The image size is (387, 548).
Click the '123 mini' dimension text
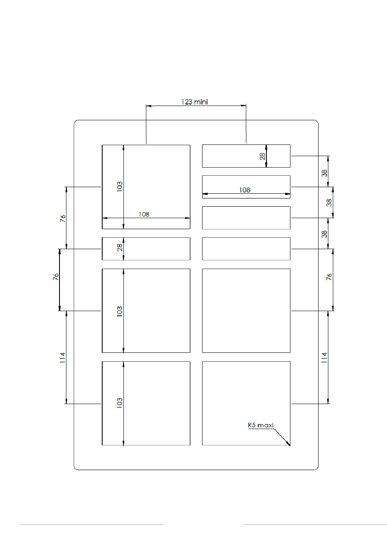[194, 102]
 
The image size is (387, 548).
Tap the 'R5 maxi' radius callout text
[261, 425]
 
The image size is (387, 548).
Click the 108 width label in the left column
[144, 214]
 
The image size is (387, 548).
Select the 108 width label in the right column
[244, 190]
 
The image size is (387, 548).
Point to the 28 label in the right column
[263, 156]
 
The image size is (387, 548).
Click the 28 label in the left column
[120, 247]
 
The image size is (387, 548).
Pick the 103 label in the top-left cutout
[120, 187]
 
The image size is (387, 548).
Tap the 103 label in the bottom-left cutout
[120, 403]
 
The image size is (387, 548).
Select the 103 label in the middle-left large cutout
[120, 312]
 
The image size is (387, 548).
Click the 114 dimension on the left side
[62, 358]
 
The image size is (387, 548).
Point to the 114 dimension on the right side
[324, 358]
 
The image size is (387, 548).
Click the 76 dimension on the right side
[329, 277]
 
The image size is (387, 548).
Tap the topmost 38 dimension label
[324, 173]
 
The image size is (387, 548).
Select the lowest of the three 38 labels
[324, 234]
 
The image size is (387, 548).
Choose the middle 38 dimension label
[329, 202]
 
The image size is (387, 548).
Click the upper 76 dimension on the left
[62, 219]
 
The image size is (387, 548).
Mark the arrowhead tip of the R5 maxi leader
[290, 445]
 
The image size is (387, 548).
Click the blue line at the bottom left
[92, 524]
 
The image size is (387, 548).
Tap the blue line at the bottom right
[315, 524]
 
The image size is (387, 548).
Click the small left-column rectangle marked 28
[155, 249]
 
